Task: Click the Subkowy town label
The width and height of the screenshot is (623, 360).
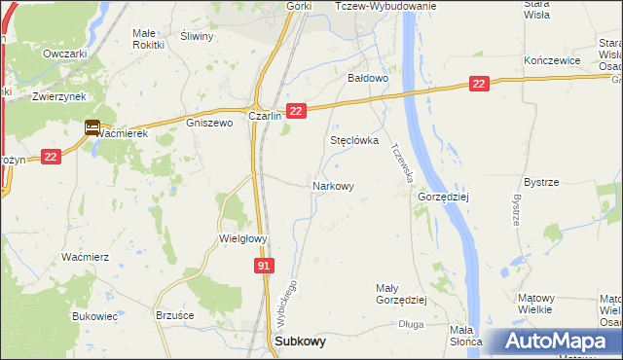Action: pos(301,342)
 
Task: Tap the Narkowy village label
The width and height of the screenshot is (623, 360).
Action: pos(332,185)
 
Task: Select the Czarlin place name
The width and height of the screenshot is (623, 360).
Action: pos(265,115)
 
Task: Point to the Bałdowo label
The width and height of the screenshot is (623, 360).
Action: pos(369,77)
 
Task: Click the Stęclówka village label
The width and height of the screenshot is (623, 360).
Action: pos(353,140)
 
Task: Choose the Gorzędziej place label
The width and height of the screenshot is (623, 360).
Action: pos(444,196)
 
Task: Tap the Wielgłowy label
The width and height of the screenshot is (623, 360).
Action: pos(242,237)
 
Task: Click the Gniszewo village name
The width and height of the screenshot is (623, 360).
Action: pos(209,124)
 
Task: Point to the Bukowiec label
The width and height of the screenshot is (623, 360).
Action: pos(94,316)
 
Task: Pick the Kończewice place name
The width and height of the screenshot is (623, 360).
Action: pos(552,60)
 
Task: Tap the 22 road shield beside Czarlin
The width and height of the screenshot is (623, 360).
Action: pos(298,112)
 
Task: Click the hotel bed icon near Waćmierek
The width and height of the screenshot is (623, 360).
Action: pos(92,126)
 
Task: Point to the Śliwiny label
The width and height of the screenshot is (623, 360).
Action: pos(198,35)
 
